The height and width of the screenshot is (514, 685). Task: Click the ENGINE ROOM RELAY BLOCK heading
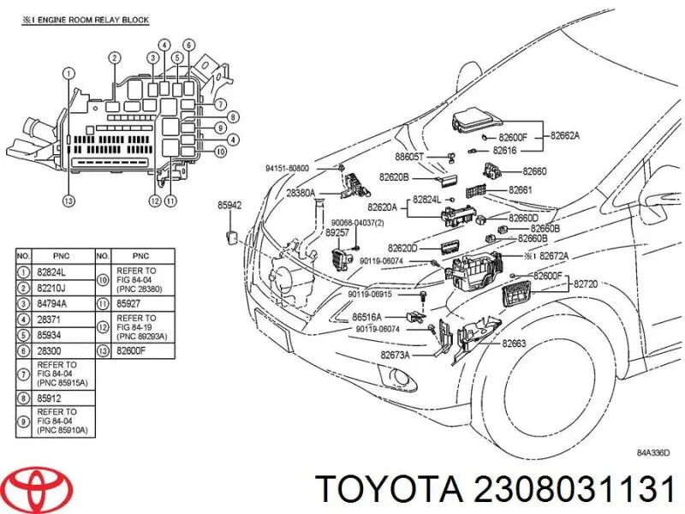pos(85,20)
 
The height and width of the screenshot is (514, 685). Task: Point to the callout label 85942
pos(229,205)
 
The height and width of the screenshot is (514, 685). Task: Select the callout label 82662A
pos(565,135)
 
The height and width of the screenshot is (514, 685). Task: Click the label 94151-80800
pos(287,168)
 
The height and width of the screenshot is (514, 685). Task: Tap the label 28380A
pos(301,193)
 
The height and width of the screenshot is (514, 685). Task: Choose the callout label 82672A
pos(554,255)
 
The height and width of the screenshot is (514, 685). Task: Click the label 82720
pos(586,284)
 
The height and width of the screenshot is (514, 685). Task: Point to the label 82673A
pos(395,355)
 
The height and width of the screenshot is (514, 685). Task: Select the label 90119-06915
pos(370,295)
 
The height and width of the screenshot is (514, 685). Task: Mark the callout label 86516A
pos(367,317)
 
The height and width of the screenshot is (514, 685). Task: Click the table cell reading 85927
pos(128,303)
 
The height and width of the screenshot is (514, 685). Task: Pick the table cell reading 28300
pos(49,351)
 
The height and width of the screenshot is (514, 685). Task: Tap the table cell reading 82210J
pos(51,288)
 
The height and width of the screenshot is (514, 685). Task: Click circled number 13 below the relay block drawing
pos(68,200)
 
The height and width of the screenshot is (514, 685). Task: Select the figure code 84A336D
pos(652,453)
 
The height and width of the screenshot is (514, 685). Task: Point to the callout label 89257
pos(337,232)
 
